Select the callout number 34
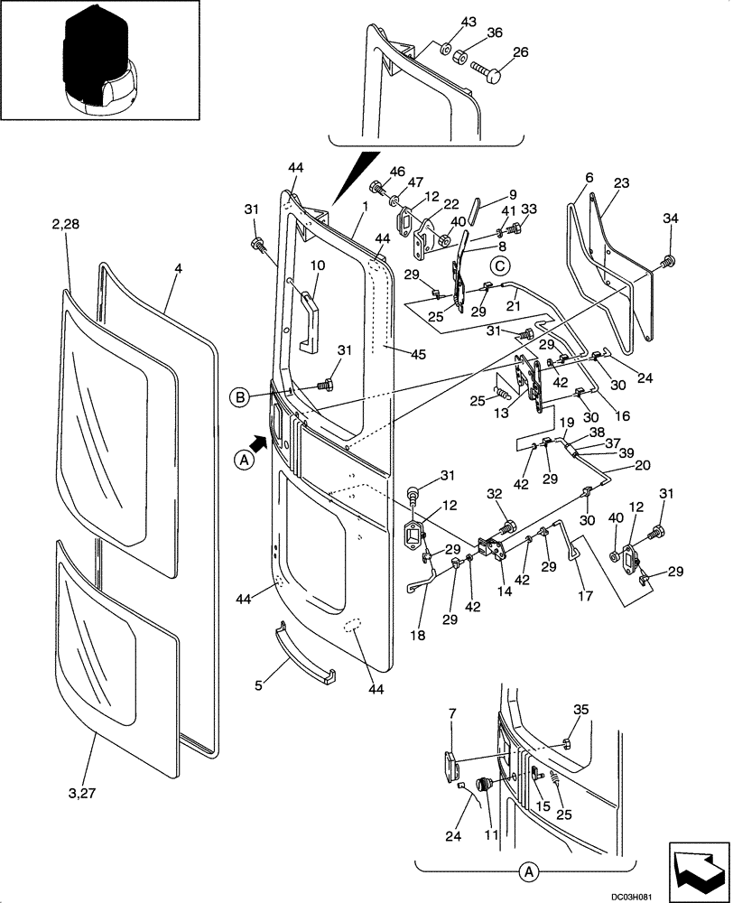(669, 218)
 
